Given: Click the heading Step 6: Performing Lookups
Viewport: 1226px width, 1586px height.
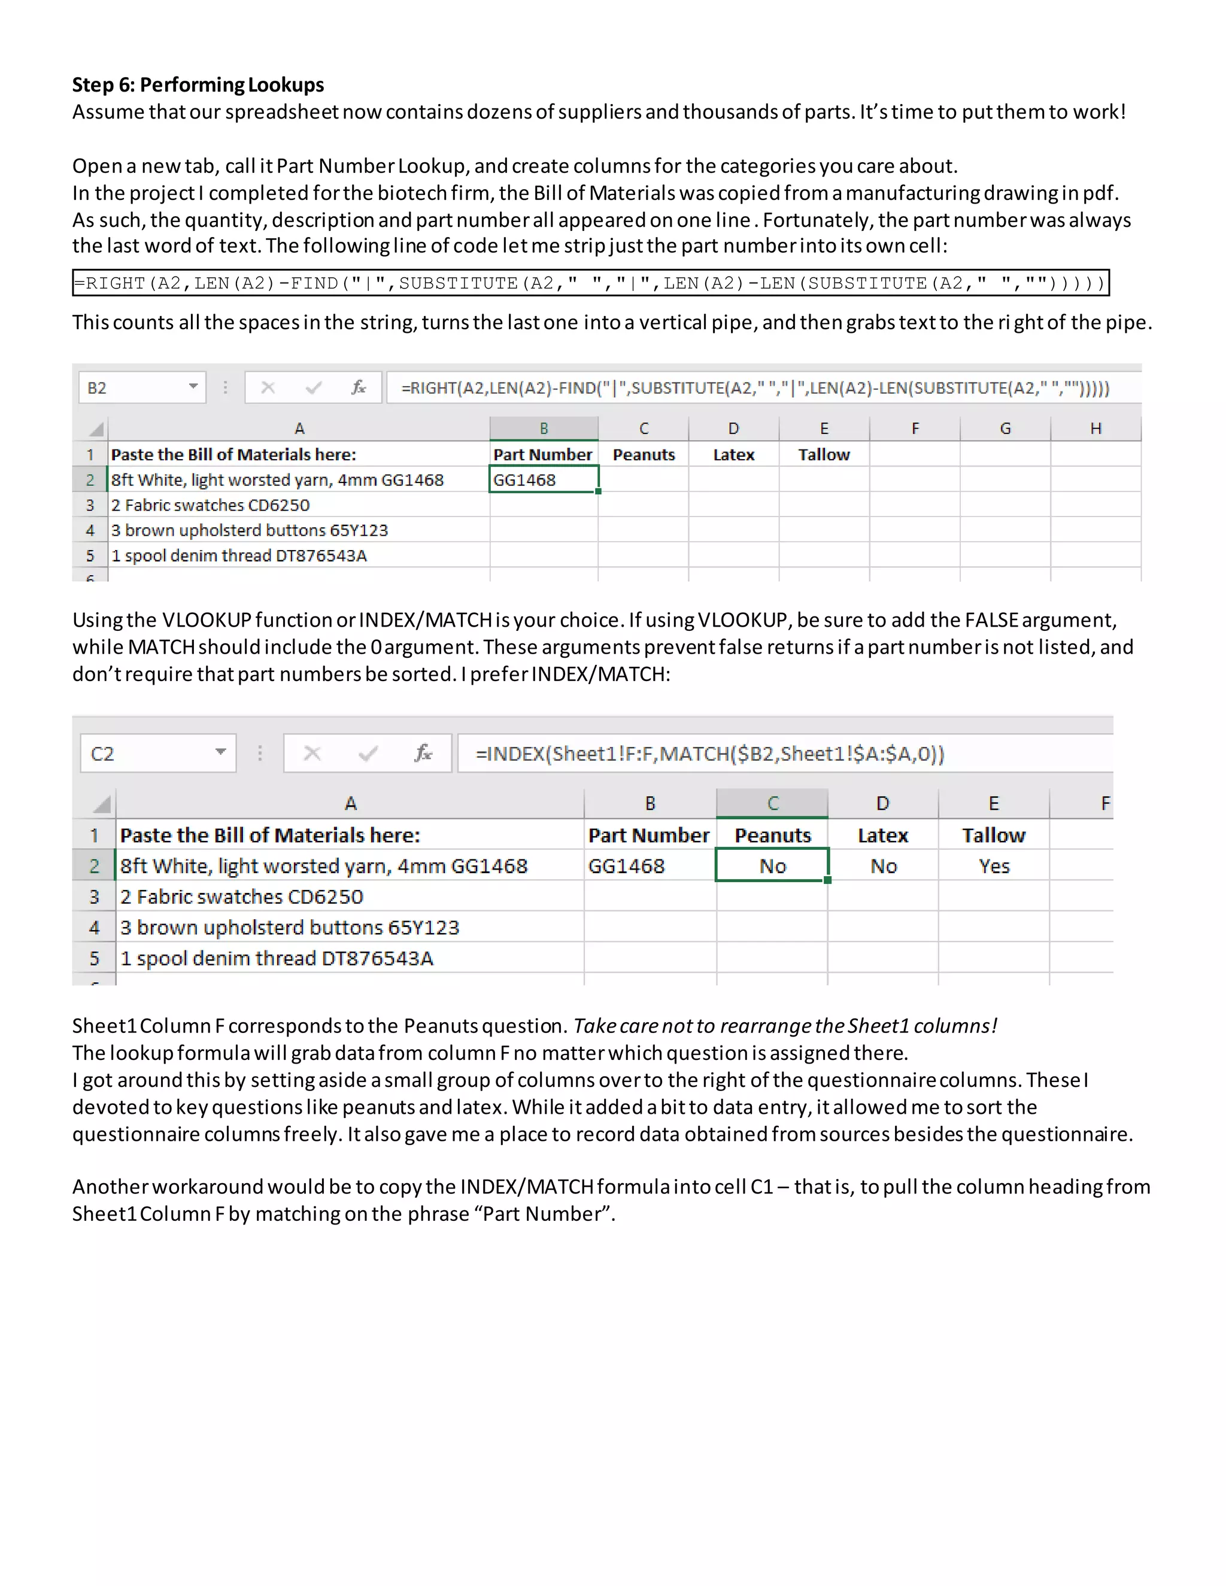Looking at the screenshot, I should click(x=198, y=85).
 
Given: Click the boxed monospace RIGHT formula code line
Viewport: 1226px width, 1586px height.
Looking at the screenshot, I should click(x=590, y=283).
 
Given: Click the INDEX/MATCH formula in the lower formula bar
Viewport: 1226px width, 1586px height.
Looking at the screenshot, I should click(x=709, y=753).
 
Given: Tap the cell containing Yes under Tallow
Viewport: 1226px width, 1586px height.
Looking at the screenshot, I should click(x=994, y=867).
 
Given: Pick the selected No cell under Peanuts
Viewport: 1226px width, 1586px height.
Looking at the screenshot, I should click(x=772, y=867).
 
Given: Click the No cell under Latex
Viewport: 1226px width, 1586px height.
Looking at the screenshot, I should click(x=883, y=867).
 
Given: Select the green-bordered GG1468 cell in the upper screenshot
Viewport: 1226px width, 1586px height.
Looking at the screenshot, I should click(x=544, y=480).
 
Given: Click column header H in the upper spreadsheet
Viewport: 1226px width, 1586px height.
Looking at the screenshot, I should click(x=1095, y=429).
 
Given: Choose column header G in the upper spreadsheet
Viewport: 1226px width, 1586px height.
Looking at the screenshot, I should click(x=1005, y=429).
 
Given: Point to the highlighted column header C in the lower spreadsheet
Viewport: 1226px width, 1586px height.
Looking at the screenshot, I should click(x=772, y=803).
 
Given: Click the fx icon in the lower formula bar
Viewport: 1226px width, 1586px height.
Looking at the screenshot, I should click(x=423, y=753).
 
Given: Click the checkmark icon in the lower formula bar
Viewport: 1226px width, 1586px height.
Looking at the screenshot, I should click(x=368, y=753).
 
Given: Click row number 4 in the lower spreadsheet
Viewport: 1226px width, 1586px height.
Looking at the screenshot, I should click(x=95, y=927).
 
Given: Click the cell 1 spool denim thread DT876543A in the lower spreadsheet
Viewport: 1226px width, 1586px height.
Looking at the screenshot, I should click(x=277, y=959).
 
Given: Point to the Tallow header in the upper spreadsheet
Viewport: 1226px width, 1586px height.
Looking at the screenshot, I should click(x=824, y=455).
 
